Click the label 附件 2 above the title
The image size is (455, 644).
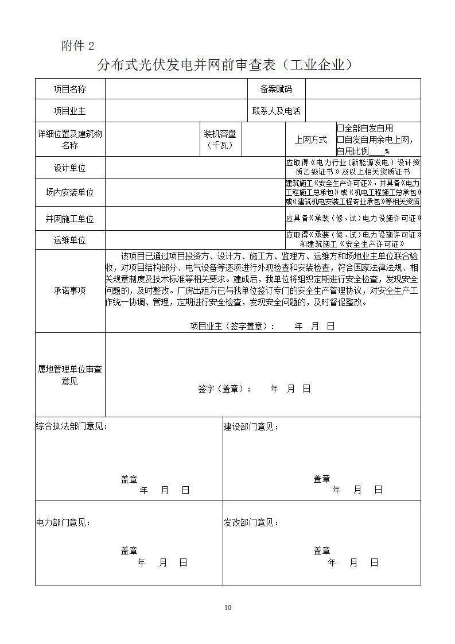(x=77, y=46)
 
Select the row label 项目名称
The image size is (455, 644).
(x=69, y=89)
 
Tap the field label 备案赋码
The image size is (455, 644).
(x=276, y=89)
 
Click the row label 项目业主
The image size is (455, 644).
(x=69, y=111)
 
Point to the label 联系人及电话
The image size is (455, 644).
(x=276, y=111)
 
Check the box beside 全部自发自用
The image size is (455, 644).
(x=340, y=128)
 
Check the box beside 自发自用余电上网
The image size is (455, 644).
(x=340, y=139)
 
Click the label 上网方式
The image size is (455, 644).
(x=310, y=139)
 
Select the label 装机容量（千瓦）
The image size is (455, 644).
(x=220, y=139)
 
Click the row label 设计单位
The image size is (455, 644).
(x=69, y=168)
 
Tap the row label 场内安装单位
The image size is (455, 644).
(x=69, y=193)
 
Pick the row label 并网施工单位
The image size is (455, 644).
(x=69, y=219)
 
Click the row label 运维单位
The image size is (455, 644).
(x=69, y=240)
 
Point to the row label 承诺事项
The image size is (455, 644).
(x=69, y=290)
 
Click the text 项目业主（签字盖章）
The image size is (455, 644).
(x=232, y=326)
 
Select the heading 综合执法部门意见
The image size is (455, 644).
(x=71, y=426)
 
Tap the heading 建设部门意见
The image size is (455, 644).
(x=251, y=426)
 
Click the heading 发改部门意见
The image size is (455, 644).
(x=251, y=522)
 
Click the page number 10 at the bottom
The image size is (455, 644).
(x=228, y=608)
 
